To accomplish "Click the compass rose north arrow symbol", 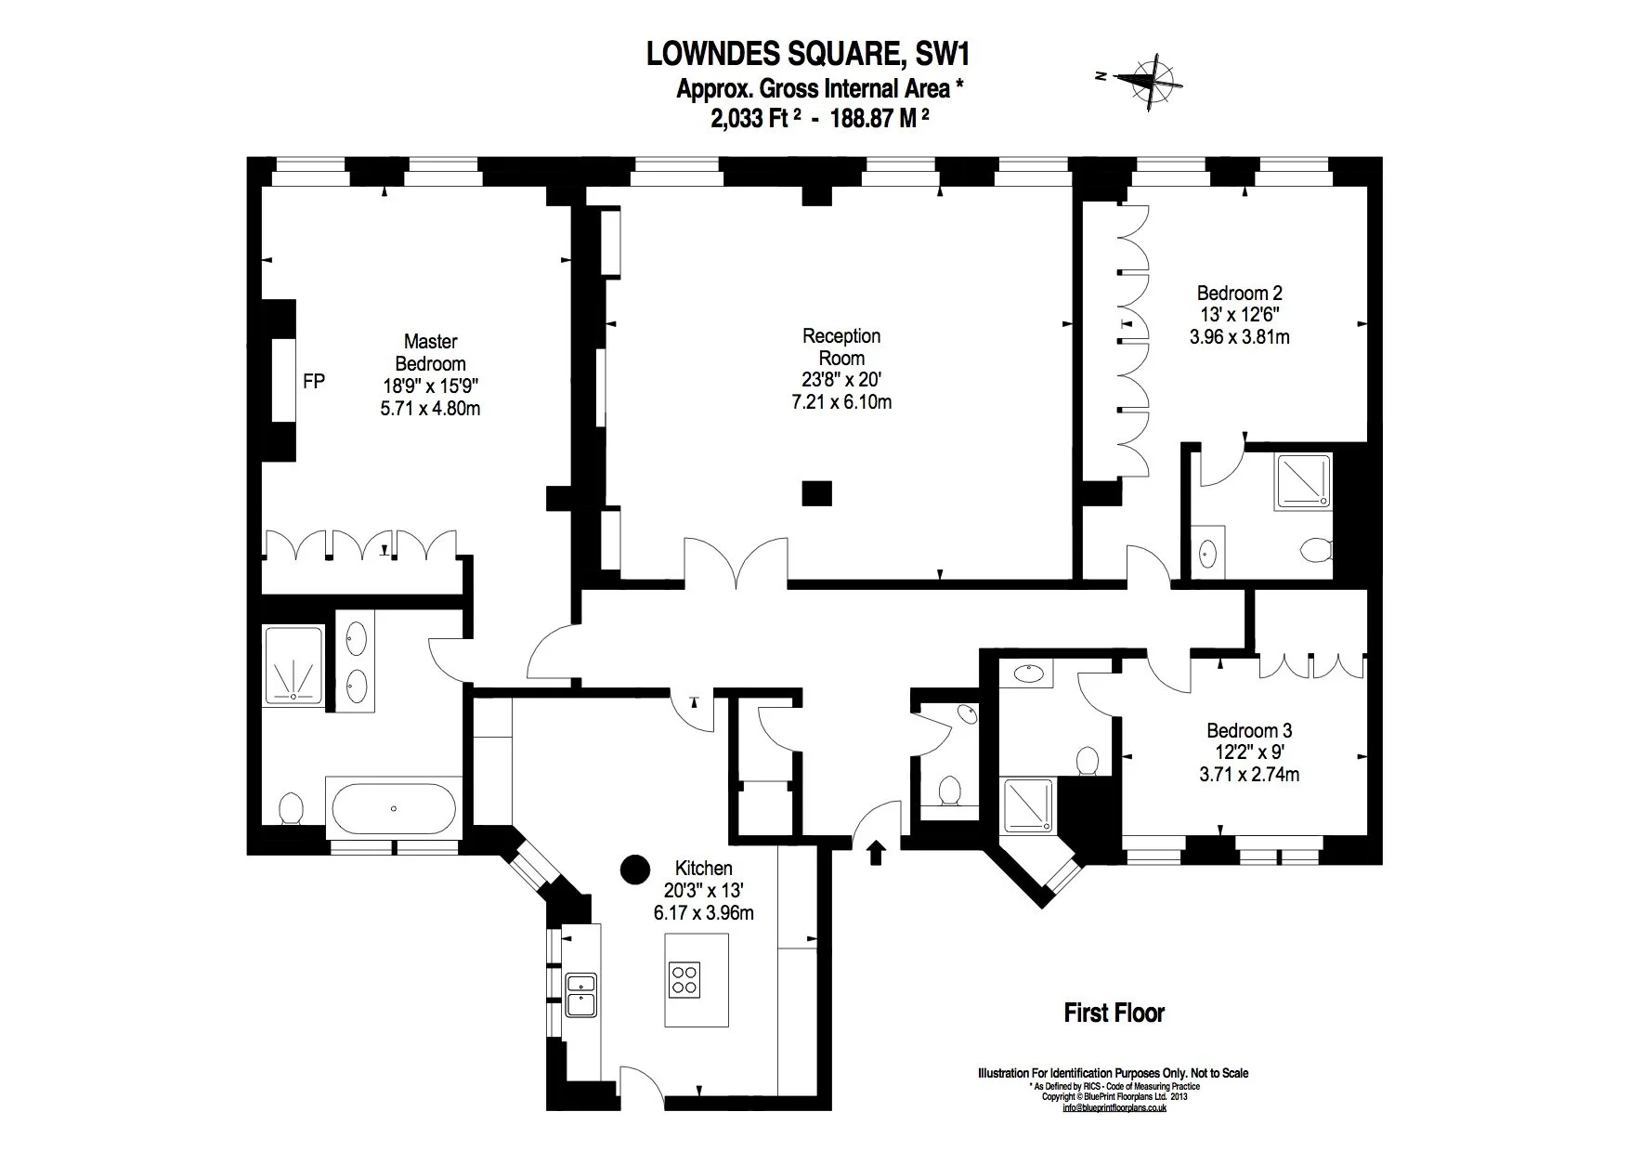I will [x=1152, y=80].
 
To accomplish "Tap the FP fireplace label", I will [x=314, y=381].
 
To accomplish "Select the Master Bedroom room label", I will [x=430, y=353].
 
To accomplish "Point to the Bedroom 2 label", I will [x=1239, y=293].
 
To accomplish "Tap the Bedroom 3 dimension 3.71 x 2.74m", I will [x=1249, y=774].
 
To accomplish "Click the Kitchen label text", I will [x=703, y=868].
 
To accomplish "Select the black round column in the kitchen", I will [x=635, y=870].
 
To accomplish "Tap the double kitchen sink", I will [x=581, y=993].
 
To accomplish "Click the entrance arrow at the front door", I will [x=875, y=853].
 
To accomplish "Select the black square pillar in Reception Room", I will [x=817, y=493].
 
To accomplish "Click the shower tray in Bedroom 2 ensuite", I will [x=1302, y=480].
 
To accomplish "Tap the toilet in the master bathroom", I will [x=292, y=807].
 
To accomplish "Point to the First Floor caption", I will [x=1114, y=1013].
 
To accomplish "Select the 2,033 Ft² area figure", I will [x=754, y=119].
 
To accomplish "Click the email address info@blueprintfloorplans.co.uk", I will [x=1114, y=1107].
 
